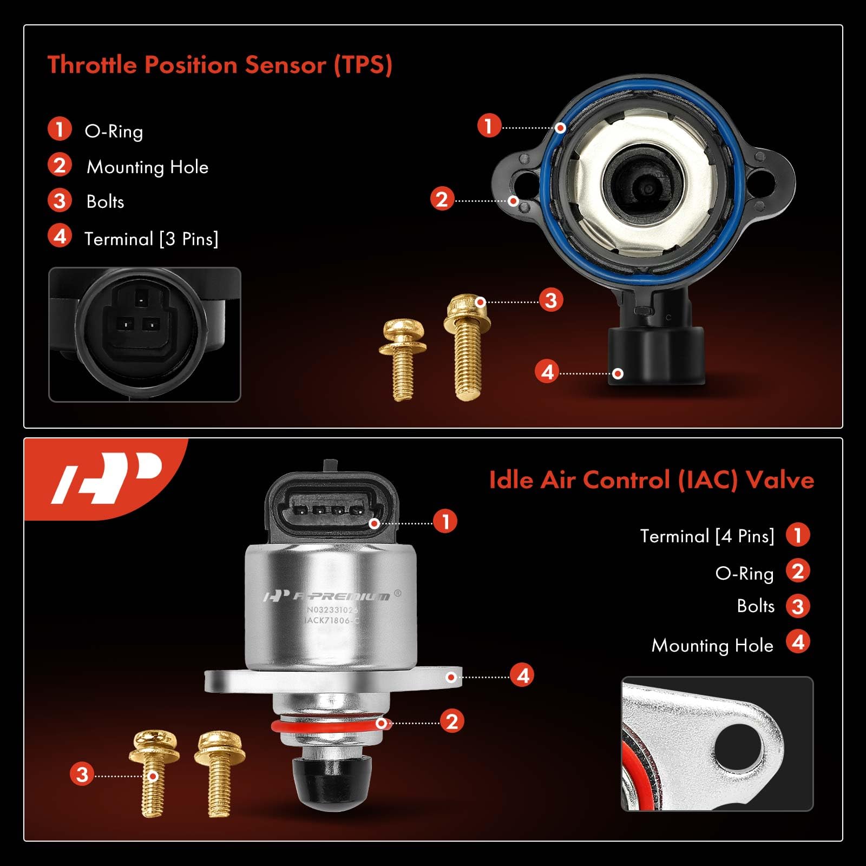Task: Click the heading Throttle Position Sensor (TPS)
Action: coord(220,65)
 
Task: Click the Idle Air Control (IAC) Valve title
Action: coord(651,480)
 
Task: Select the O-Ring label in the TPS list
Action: coord(114,132)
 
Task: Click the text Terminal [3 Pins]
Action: coord(151,239)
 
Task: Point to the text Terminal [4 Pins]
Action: coord(707,536)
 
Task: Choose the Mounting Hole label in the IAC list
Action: coord(712,645)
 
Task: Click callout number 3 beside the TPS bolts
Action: coord(550,300)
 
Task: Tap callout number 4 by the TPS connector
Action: coord(547,372)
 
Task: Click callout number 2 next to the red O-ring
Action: coord(452,721)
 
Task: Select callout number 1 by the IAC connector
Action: coord(445,522)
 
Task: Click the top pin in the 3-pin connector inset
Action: coord(141,298)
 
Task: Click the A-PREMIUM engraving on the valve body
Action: coord(340,596)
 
